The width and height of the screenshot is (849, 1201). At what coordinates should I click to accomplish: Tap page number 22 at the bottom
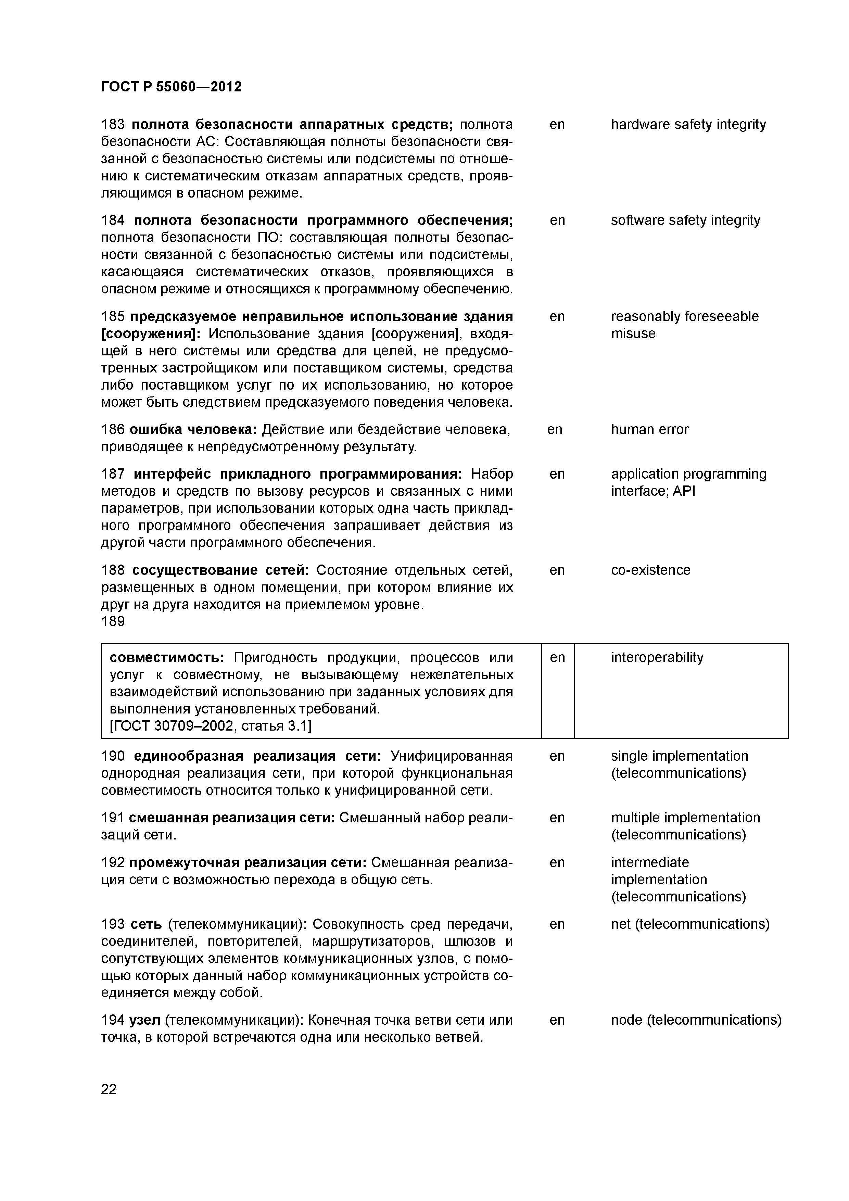[x=109, y=1090]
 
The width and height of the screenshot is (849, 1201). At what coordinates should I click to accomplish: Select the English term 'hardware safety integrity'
[x=688, y=125]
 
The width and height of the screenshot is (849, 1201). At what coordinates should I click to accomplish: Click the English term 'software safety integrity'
[x=685, y=220]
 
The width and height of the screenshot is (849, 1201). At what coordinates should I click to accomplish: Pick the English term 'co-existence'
[x=650, y=570]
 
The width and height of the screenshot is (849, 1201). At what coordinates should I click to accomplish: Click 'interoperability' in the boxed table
[x=657, y=658]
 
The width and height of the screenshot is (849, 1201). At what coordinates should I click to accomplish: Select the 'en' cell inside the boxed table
[x=558, y=658]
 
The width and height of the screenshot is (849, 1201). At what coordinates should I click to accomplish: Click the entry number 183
[x=113, y=125]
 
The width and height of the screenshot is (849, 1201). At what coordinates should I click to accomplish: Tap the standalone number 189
[x=113, y=621]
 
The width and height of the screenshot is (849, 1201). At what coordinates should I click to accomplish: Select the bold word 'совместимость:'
[x=167, y=658]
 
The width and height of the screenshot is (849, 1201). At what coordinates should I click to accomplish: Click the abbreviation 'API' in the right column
[x=684, y=491]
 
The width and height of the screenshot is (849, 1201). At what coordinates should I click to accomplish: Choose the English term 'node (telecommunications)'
[x=696, y=1020]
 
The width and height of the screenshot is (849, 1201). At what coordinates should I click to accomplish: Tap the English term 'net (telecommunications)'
[x=690, y=924]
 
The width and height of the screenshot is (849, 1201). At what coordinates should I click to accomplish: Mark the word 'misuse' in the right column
[x=633, y=334]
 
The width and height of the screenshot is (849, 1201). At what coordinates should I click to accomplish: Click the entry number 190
[x=113, y=756]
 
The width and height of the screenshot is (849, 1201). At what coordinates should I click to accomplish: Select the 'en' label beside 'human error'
[x=555, y=429]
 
